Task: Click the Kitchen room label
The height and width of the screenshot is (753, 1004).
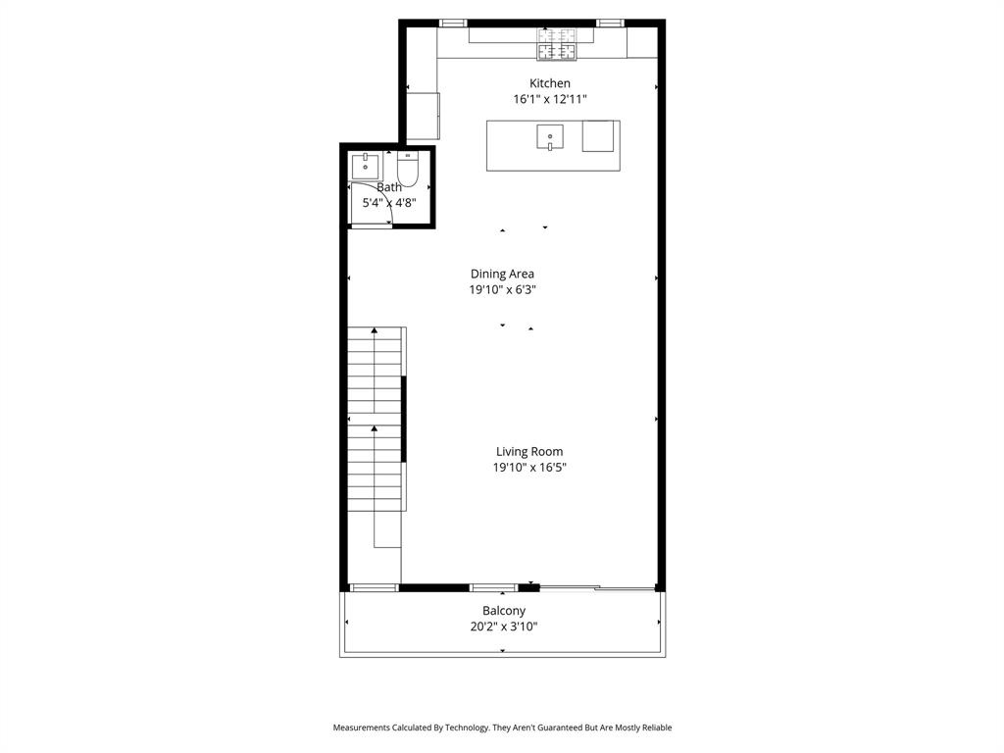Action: point(550,83)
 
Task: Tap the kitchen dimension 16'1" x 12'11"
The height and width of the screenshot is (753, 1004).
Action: point(550,99)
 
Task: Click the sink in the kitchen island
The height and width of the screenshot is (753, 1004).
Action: point(550,136)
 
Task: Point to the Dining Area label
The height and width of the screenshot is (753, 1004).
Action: point(502,274)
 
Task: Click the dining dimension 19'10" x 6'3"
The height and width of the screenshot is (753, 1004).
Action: point(502,289)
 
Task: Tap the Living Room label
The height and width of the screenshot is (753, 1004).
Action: point(529,452)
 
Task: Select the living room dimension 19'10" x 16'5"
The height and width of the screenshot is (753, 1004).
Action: point(529,468)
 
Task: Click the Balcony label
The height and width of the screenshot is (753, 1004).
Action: point(504,611)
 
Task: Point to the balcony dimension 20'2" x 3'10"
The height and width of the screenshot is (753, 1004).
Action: point(504,627)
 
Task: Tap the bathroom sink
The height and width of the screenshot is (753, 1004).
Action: point(367,166)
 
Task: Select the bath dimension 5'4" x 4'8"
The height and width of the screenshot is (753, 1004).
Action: point(389,203)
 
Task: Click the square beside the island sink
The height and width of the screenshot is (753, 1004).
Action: point(598,136)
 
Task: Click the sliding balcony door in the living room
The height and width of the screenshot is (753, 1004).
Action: point(598,588)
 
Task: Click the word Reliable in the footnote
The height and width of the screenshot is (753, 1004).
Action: point(653,728)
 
